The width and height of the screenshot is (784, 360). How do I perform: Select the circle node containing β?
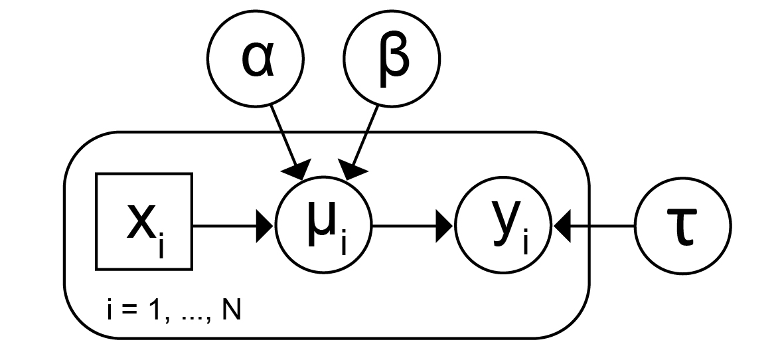tap(392, 58)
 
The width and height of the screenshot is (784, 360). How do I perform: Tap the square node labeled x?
tap(144, 222)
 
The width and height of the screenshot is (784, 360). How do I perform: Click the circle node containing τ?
tap(683, 226)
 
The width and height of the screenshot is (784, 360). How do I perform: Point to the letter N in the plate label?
tap(232, 312)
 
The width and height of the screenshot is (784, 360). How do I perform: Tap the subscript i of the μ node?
tap(343, 244)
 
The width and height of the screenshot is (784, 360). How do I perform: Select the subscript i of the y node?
tap(524, 243)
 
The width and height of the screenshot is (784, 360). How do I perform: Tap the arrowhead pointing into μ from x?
tap(267, 226)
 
